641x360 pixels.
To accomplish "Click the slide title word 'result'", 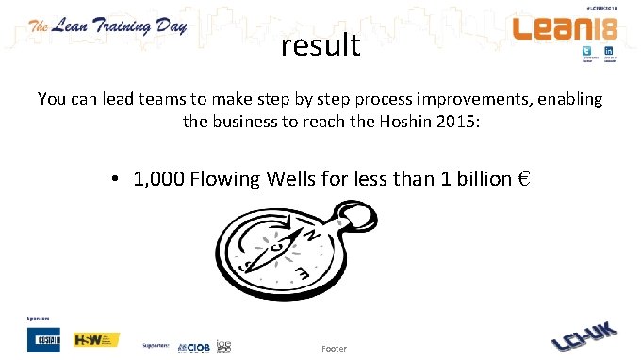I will click(x=320, y=44).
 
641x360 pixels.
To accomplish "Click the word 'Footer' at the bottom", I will click(x=334, y=349).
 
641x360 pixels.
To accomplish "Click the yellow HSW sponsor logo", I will click(x=96, y=339).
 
